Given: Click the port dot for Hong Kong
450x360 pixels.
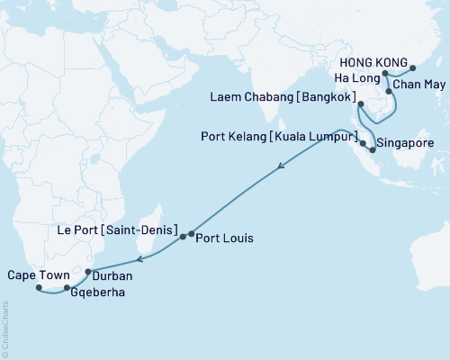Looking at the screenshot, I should (412, 68).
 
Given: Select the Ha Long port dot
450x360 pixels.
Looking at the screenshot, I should (385, 73).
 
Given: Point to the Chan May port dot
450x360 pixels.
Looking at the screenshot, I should (389, 91).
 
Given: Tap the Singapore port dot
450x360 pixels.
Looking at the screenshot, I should (373, 150).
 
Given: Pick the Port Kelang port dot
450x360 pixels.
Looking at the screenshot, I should (363, 143).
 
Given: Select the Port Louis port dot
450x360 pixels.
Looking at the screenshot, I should (192, 234).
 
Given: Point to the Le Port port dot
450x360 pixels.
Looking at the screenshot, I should (183, 236).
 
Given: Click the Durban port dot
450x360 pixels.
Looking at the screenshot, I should (87, 271).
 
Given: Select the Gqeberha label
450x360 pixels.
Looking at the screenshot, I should (100, 292).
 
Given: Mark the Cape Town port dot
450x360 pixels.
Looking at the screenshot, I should (38, 288).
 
